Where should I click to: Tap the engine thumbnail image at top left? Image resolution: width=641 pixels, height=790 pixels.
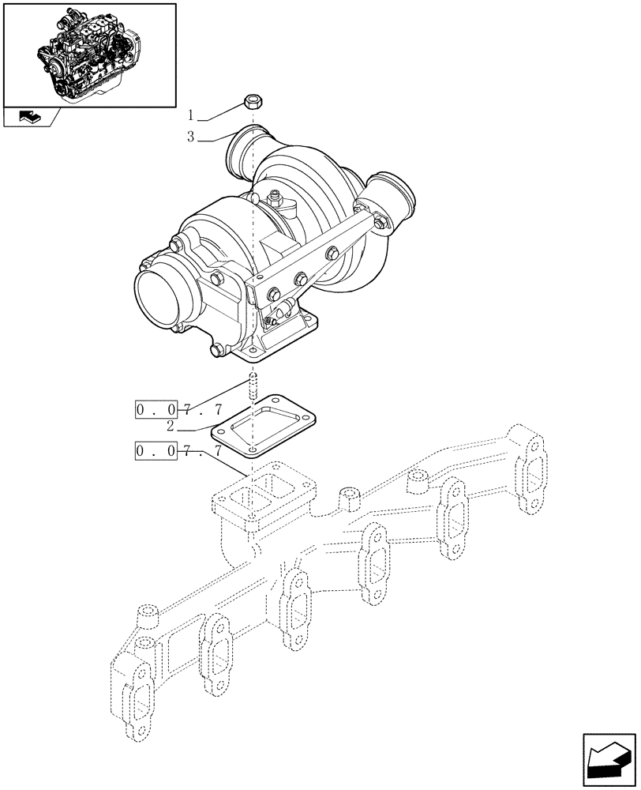coord(88,54)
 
